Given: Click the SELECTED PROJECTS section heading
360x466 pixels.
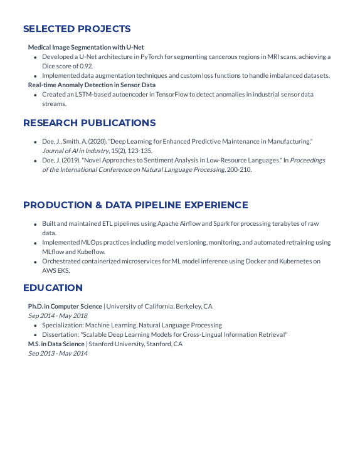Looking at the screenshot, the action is tap(77, 29).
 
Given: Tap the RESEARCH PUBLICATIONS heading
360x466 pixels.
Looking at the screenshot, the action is tap(89, 123).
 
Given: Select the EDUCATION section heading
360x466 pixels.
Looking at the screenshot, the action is tap(53, 288).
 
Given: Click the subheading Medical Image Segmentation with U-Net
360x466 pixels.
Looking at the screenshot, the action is tap(86, 47).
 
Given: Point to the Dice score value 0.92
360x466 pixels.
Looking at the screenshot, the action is tap(86, 66).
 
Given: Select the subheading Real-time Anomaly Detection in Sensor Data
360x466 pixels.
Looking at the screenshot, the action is tap(92, 85).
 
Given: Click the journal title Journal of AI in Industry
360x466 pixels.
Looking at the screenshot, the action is tap(75, 151).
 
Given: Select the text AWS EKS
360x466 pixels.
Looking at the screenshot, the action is tap(56, 270).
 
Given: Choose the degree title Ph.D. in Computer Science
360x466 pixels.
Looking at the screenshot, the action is tap(65, 306).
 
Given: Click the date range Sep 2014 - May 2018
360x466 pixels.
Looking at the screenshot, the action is tap(58, 315).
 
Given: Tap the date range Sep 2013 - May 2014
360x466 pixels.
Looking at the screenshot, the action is tap(58, 353).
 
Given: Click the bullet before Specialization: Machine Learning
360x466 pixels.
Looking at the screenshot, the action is tap(35, 326).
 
